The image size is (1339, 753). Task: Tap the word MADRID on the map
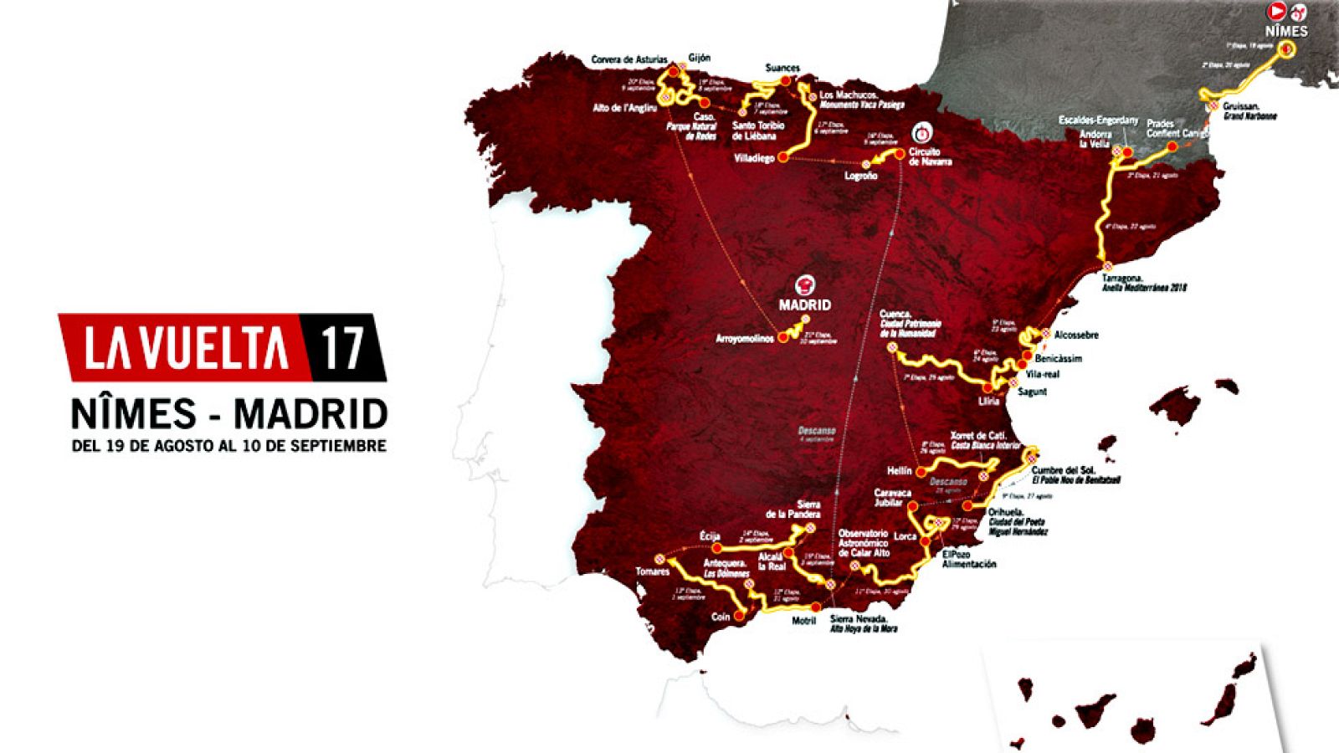coord(804,305)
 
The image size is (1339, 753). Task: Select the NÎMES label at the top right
coord(1286,31)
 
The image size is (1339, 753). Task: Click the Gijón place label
coord(699,58)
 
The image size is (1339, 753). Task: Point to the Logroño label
coord(860,176)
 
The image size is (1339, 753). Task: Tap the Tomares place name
coord(652,571)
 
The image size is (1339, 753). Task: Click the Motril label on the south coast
coord(803,621)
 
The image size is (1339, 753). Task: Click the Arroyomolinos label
coord(745,339)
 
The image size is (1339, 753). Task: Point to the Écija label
coord(710,536)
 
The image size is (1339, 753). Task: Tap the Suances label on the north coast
coord(782,68)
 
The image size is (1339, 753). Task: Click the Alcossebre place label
coord(1076,335)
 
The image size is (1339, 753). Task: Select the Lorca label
coord(905,536)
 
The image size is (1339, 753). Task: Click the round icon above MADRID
coord(805,284)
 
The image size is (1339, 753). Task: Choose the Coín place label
coord(720,617)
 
